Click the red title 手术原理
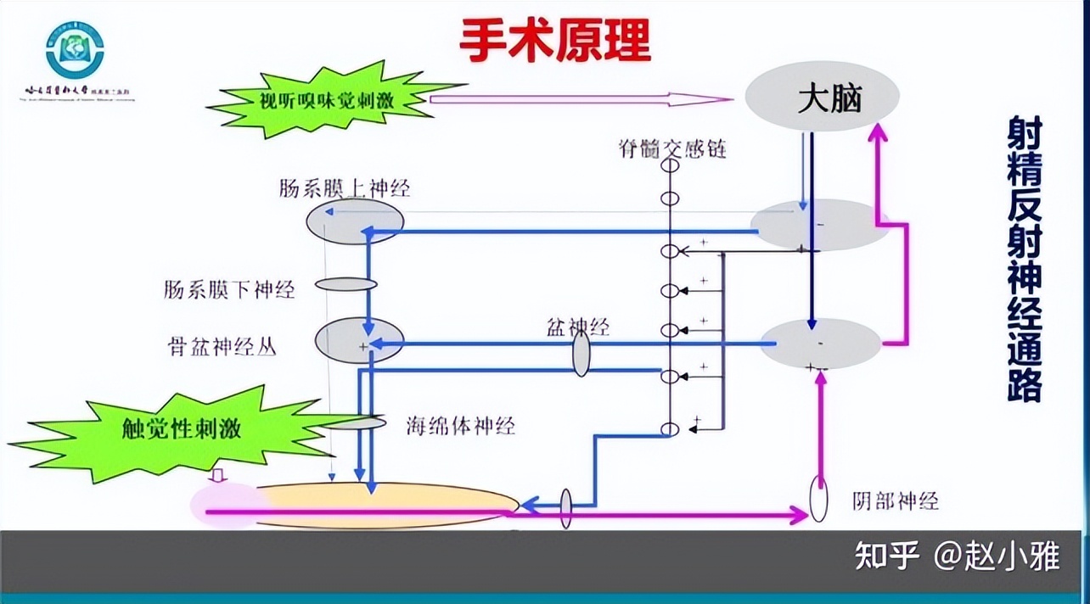click(555, 39)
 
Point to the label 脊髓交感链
click(672, 149)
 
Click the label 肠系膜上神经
click(344, 188)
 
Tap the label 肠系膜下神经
click(229, 290)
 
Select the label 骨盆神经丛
click(222, 347)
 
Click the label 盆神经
click(578, 326)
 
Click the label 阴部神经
click(895, 501)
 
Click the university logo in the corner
click(75, 50)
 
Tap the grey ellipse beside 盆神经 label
click(581, 354)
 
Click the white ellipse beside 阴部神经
click(819, 501)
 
